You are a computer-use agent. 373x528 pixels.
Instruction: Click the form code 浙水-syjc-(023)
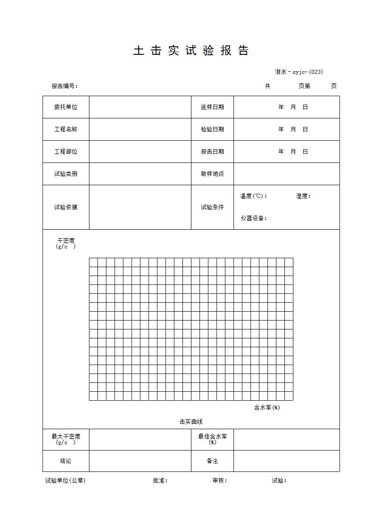coord(299,72)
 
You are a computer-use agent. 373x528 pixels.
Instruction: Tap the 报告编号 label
coord(65,86)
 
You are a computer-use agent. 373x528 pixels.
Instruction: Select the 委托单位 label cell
coord(66,107)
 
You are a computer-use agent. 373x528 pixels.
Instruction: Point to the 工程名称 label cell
coord(66,130)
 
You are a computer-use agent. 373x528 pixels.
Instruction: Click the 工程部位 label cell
coord(66,152)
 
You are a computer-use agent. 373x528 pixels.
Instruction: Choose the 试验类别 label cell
coord(66,174)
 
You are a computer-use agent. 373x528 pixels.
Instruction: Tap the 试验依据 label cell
coord(66,207)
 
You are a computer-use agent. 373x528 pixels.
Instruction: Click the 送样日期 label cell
coord(212,107)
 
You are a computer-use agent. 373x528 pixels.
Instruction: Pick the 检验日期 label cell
coord(212,130)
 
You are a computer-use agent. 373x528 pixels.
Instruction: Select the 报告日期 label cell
coord(212,152)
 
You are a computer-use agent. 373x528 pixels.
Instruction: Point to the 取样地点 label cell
coord(212,174)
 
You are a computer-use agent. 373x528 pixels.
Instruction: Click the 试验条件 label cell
coord(212,207)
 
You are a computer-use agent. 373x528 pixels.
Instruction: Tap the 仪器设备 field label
coord(254,218)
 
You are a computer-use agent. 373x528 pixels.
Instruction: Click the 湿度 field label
coord(303,196)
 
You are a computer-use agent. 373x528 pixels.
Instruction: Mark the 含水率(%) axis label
coord(267,407)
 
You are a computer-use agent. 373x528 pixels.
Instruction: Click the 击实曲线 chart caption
coord(191,422)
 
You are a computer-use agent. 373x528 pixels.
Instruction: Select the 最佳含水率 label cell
coord(212,439)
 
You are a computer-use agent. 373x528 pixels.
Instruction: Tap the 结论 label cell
coord(66,461)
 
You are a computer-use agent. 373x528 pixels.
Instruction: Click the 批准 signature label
coord(160,480)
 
